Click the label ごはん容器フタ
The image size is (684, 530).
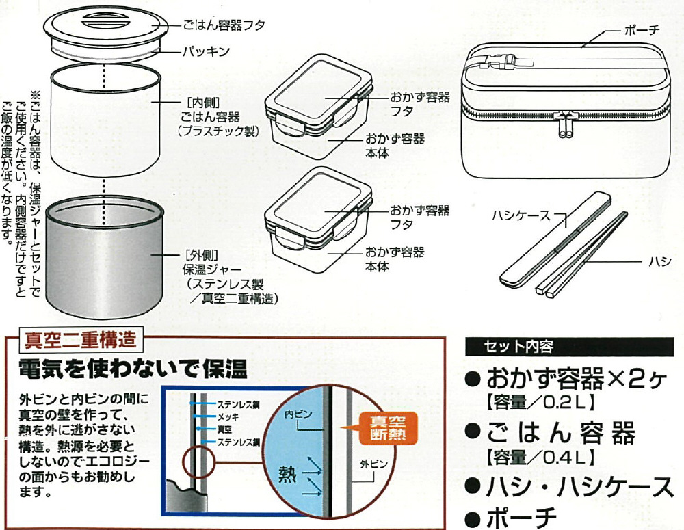coord(222,25)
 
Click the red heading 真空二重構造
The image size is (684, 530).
coord(81,338)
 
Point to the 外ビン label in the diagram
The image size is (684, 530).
coord(373,464)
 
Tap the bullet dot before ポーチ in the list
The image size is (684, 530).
coord(471,518)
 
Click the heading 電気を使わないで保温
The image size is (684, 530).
coord(133,370)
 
